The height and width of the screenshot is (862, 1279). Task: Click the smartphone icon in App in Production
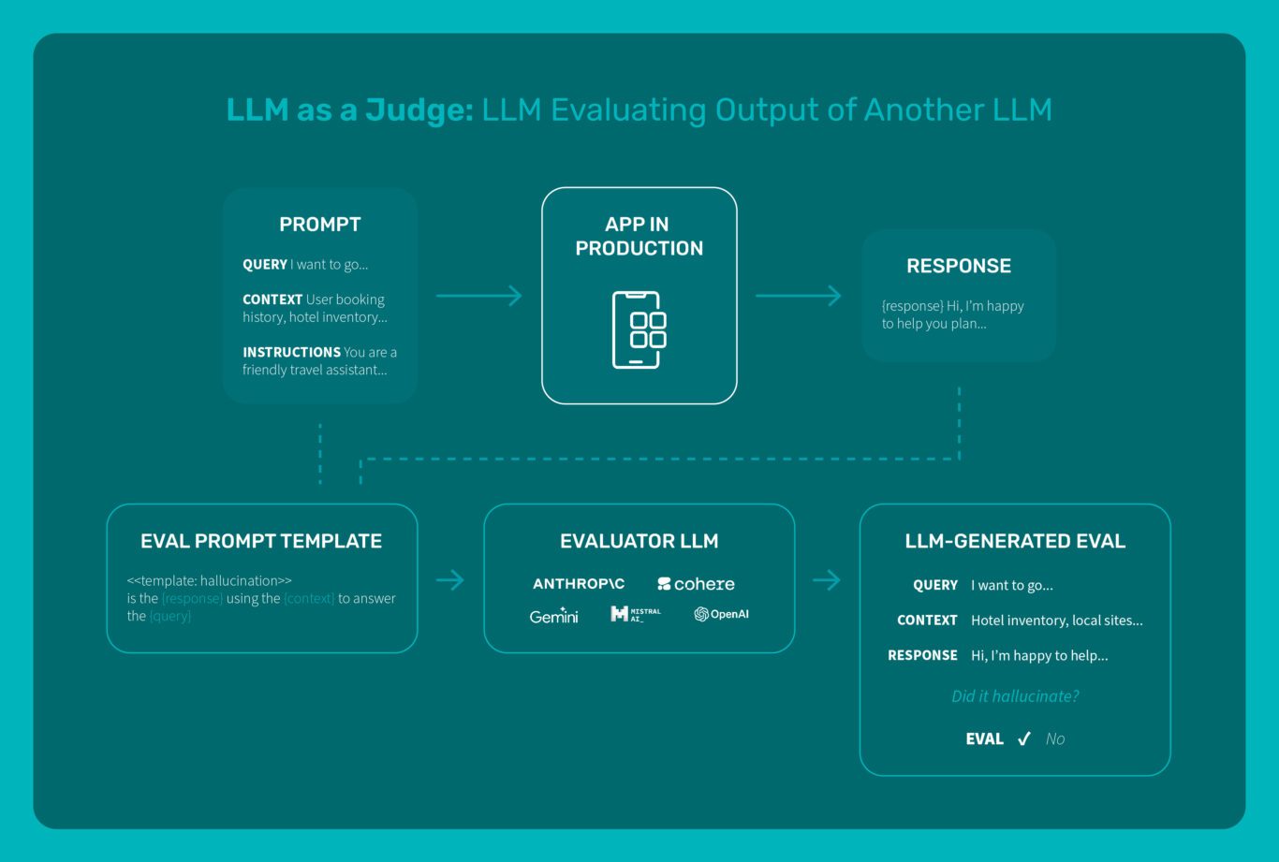point(639,329)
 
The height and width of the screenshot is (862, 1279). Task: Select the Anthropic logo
point(579,584)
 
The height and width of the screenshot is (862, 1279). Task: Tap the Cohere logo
point(696,584)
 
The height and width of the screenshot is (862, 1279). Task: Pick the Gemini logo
point(553,616)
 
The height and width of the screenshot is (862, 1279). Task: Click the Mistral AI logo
point(636,614)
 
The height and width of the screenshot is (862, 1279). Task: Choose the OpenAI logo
point(721,614)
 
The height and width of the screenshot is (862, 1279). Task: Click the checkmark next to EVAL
point(1024,739)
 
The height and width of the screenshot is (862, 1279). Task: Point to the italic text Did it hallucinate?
point(1015,696)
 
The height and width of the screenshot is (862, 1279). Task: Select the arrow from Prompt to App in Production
point(478,296)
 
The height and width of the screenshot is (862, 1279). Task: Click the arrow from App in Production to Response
point(798,296)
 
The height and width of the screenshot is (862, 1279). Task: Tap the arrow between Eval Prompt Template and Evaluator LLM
point(450,580)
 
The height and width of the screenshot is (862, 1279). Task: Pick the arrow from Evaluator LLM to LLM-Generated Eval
point(827,580)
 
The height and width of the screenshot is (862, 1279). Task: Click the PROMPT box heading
point(319,225)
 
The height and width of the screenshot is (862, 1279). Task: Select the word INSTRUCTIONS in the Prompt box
point(291,353)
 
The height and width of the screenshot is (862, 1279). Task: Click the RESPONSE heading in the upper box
point(958,266)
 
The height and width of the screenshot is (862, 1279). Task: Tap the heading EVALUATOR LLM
point(639,541)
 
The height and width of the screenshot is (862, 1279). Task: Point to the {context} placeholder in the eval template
point(309,599)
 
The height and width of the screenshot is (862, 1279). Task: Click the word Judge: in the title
point(419,110)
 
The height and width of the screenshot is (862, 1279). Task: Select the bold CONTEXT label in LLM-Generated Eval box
point(927,621)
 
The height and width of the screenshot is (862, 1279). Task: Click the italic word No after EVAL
point(1055,739)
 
